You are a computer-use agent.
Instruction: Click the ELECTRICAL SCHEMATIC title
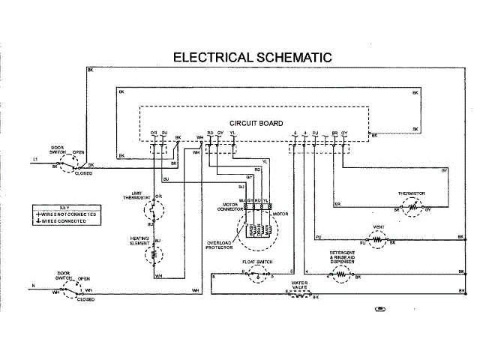tap(252, 57)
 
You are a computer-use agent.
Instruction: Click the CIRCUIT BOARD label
tap(256, 123)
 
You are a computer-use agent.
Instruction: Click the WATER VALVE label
tap(300, 286)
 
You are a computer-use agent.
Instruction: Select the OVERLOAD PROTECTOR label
tap(220, 244)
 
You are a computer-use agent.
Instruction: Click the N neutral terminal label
tap(33, 286)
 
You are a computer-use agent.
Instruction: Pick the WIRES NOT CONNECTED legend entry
tap(69, 214)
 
